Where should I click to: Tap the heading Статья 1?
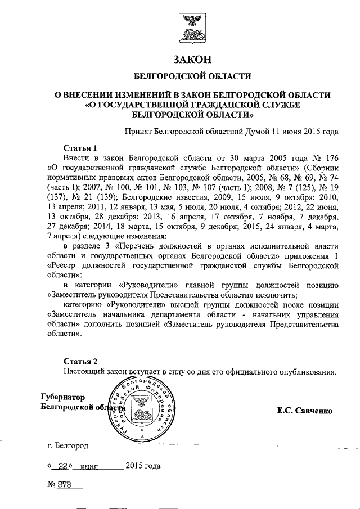(x=80, y=147)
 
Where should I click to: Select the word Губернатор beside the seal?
(x=62, y=397)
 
